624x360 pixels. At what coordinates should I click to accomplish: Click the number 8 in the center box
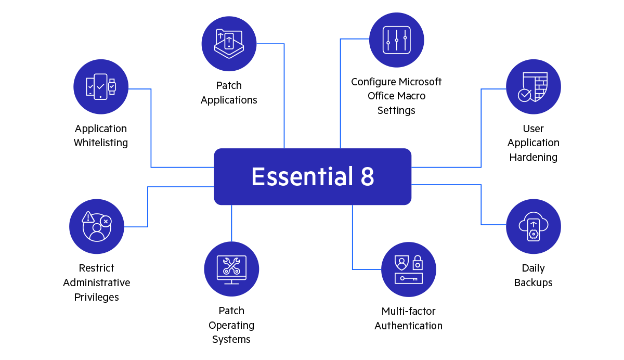tap(367, 177)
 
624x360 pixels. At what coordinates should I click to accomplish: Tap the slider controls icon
tap(396, 40)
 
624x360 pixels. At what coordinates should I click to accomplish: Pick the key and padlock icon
tap(409, 269)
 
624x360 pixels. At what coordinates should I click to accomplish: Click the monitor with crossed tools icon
tap(231, 269)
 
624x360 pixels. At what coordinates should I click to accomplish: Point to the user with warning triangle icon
tap(97, 226)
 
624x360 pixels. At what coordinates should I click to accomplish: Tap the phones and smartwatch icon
tap(101, 86)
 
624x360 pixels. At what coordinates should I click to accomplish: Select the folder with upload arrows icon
tap(229, 43)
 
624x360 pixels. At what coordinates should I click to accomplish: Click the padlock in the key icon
tap(417, 263)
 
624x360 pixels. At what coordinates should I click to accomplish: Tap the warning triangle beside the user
tap(88, 217)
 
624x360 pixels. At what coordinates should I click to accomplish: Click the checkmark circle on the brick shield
tap(525, 95)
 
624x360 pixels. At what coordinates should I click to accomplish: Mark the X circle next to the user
tap(106, 221)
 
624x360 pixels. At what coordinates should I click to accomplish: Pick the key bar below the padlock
tap(409, 279)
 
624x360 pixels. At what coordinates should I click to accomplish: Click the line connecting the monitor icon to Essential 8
tap(231, 224)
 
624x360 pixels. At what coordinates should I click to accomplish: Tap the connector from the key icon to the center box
tap(352, 239)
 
